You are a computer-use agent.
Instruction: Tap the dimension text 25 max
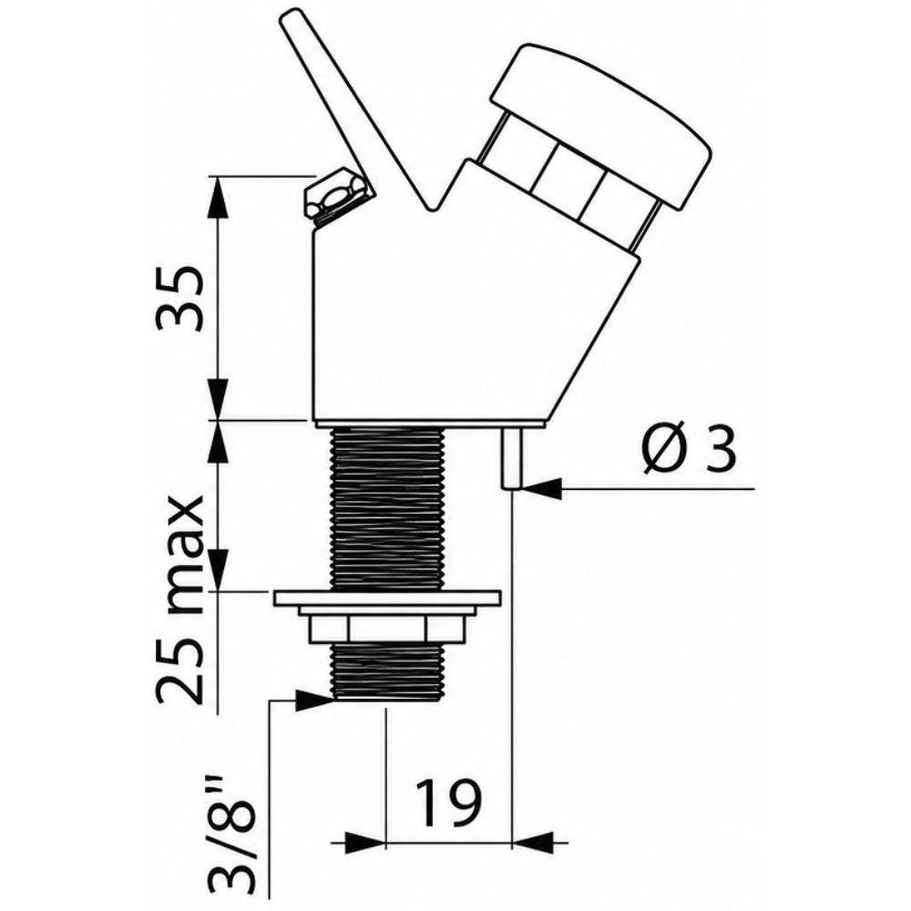180,600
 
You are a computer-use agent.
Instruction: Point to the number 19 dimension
448,804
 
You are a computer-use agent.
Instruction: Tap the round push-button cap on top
601,126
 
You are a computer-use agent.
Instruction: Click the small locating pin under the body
512,458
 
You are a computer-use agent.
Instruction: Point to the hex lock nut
385,629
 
